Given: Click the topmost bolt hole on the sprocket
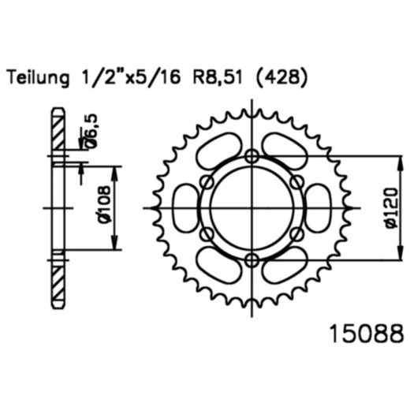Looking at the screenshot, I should pyautogui.click(x=252, y=156).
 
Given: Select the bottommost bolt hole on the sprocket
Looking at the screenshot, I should pyautogui.click(x=252, y=260).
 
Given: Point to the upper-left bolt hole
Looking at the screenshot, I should pyautogui.click(x=207, y=182).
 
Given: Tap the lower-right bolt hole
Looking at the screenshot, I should pyautogui.click(x=297, y=234).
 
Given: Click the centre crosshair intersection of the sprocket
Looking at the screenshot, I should pyautogui.click(x=252, y=208).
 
